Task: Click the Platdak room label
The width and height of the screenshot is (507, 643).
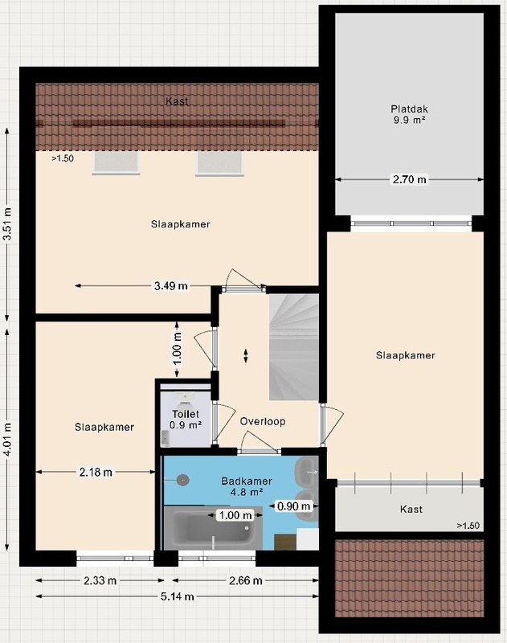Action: click(409, 109)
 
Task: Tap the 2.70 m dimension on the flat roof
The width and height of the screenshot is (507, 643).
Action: click(410, 179)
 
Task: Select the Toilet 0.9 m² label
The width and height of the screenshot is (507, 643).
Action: click(186, 420)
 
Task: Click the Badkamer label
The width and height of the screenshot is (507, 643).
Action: click(247, 481)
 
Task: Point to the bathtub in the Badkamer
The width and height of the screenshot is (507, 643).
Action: click(213, 528)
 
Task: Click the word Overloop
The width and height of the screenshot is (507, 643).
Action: click(263, 421)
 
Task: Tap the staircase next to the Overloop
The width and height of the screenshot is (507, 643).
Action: click(293, 347)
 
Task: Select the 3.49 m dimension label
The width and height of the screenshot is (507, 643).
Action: click(171, 286)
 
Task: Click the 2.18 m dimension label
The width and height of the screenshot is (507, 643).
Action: click(96, 473)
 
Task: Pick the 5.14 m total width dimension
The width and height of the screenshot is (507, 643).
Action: click(177, 596)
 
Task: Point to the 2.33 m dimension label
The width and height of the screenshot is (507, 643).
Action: click(100, 580)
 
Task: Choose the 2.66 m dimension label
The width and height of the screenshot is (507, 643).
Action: click(246, 580)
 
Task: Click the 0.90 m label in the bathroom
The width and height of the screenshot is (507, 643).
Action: click(293, 506)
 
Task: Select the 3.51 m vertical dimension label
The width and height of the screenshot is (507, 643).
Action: click(7, 225)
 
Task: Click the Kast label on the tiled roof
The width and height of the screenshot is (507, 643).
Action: click(177, 101)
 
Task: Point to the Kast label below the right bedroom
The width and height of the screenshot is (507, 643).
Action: click(411, 510)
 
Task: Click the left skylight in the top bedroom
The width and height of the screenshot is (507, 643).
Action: click(117, 163)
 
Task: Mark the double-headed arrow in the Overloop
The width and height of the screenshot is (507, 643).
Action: click(246, 355)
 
